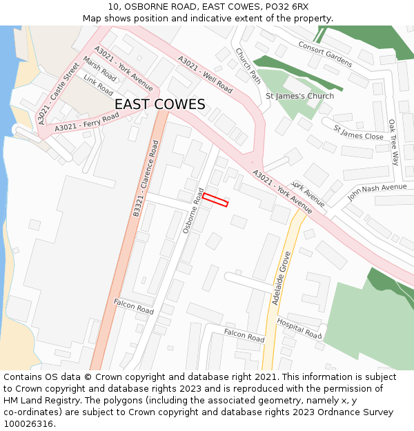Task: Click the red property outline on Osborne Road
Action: [215, 200]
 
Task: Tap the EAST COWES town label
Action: [159, 104]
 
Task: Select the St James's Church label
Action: [299, 96]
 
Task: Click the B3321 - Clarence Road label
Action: [146, 180]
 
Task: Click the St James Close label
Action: [358, 132]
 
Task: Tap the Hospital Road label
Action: [299, 328]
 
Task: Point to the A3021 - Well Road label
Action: [206, 74]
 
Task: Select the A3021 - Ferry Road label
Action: [86, 122]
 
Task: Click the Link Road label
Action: [98, 85]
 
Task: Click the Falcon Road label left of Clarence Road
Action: [134, 306]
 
